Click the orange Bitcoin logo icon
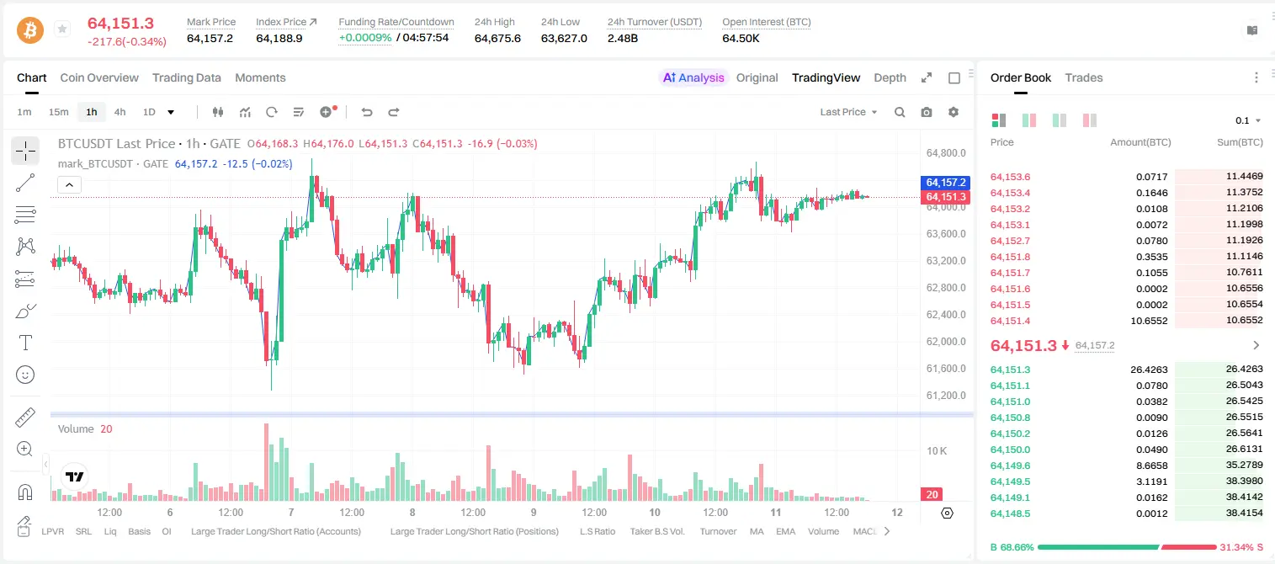[x=30, y=29]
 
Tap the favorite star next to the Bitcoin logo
[x=62, y=29]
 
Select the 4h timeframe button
[x=120, y=112]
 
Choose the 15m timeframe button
[x=59, y=112]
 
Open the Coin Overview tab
[x=99, y=77]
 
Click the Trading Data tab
[x=187, y=77]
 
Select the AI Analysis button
[x=693, y=77]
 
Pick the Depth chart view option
[x=890, y=77]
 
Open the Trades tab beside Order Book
[x=1084, y=77]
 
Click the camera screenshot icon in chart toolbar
[x=927, y=112]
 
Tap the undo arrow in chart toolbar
[x=367, y=112]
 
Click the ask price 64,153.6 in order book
[x=1011, y=177]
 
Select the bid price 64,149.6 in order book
[x=1011, y=466]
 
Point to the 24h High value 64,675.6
[x=497, y=38]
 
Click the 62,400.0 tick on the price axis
[x=946, y=315]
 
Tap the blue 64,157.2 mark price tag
[x=945, y=182]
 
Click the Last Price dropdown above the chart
[x=848, y=112]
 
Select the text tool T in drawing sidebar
[x=25, y=343]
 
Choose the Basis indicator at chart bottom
[x=140, y=531]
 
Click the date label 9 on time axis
[x=534, y=512]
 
